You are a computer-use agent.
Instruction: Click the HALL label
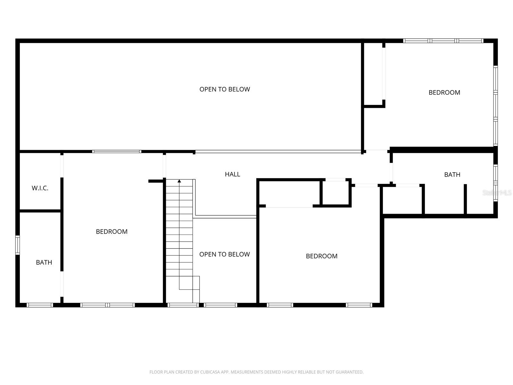[x=232, y=174]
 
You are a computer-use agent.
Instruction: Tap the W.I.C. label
[x=40, y=188]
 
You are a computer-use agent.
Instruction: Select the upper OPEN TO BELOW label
[x=225, y=89]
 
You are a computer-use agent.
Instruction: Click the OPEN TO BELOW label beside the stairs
[x=225, y=254]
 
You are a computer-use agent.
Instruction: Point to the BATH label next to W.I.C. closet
[x=44, y=262]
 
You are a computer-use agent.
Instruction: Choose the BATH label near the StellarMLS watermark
[x=452, y=175]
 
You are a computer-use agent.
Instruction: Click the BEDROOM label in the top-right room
[x=444, y=93]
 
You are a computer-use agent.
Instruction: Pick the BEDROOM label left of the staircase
[x=112, y=232]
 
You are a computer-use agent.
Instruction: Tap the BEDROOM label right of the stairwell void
[x=322, y=256]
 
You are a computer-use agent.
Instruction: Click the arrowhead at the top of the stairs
[x=179, y=181]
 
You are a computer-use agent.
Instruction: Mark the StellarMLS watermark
[x=497, y=193]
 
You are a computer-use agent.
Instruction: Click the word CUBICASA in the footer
[x=209, y=372]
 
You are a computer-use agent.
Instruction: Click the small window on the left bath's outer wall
[x=18, y=245]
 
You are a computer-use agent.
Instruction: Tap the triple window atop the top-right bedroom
[x=443, y=41]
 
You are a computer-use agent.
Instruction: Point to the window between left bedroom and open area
[x=117, y=151]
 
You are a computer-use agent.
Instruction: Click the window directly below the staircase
[x=183, y=305]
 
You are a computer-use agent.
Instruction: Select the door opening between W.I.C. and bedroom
[x=62, y=166]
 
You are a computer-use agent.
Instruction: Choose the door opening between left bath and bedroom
[x=62, y=284]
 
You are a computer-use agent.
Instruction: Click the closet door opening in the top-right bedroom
[x=384, y=74]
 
